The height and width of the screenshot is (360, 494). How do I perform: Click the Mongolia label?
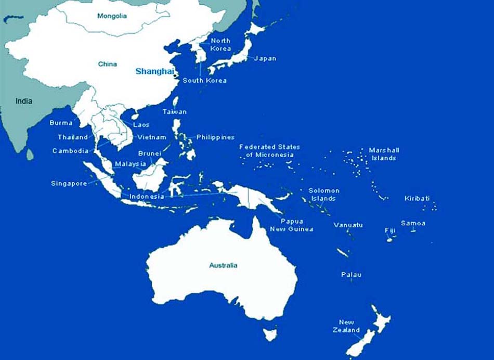[x=112, y=16]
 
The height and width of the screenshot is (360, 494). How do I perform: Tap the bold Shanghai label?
[x=153, y=71]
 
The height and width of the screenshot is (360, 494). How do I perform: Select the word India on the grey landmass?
[x=23, y=101]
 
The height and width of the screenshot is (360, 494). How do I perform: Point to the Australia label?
[x=223, y=265]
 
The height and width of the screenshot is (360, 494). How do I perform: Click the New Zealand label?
[x=346, y=326]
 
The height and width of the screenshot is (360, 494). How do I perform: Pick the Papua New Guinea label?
[x=291, y=225]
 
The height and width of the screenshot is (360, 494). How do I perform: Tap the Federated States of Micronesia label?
[x=269, y=151]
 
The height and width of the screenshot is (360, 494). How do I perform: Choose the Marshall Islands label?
[x=384, y=154]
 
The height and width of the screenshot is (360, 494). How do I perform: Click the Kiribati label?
[x=417, y=198]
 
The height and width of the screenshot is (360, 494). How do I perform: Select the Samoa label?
[x=413, y=223]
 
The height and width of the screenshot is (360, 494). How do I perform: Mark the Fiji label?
[x=390, y=230]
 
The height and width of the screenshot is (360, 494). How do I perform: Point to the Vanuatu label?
[x=348, y=225]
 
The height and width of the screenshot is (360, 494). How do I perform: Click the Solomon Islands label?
[x=323, y=195]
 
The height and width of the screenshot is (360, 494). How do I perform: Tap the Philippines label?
[x=215, y=137]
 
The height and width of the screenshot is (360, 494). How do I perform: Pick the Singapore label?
[x=69, y=183]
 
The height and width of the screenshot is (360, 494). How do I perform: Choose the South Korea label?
[x=204, y=81]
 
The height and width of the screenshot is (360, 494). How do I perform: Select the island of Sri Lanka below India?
[x=30, y=154]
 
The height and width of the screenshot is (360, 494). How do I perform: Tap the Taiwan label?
[x=174, y=112]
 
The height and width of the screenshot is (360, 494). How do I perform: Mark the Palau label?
[x=351, y=274]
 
